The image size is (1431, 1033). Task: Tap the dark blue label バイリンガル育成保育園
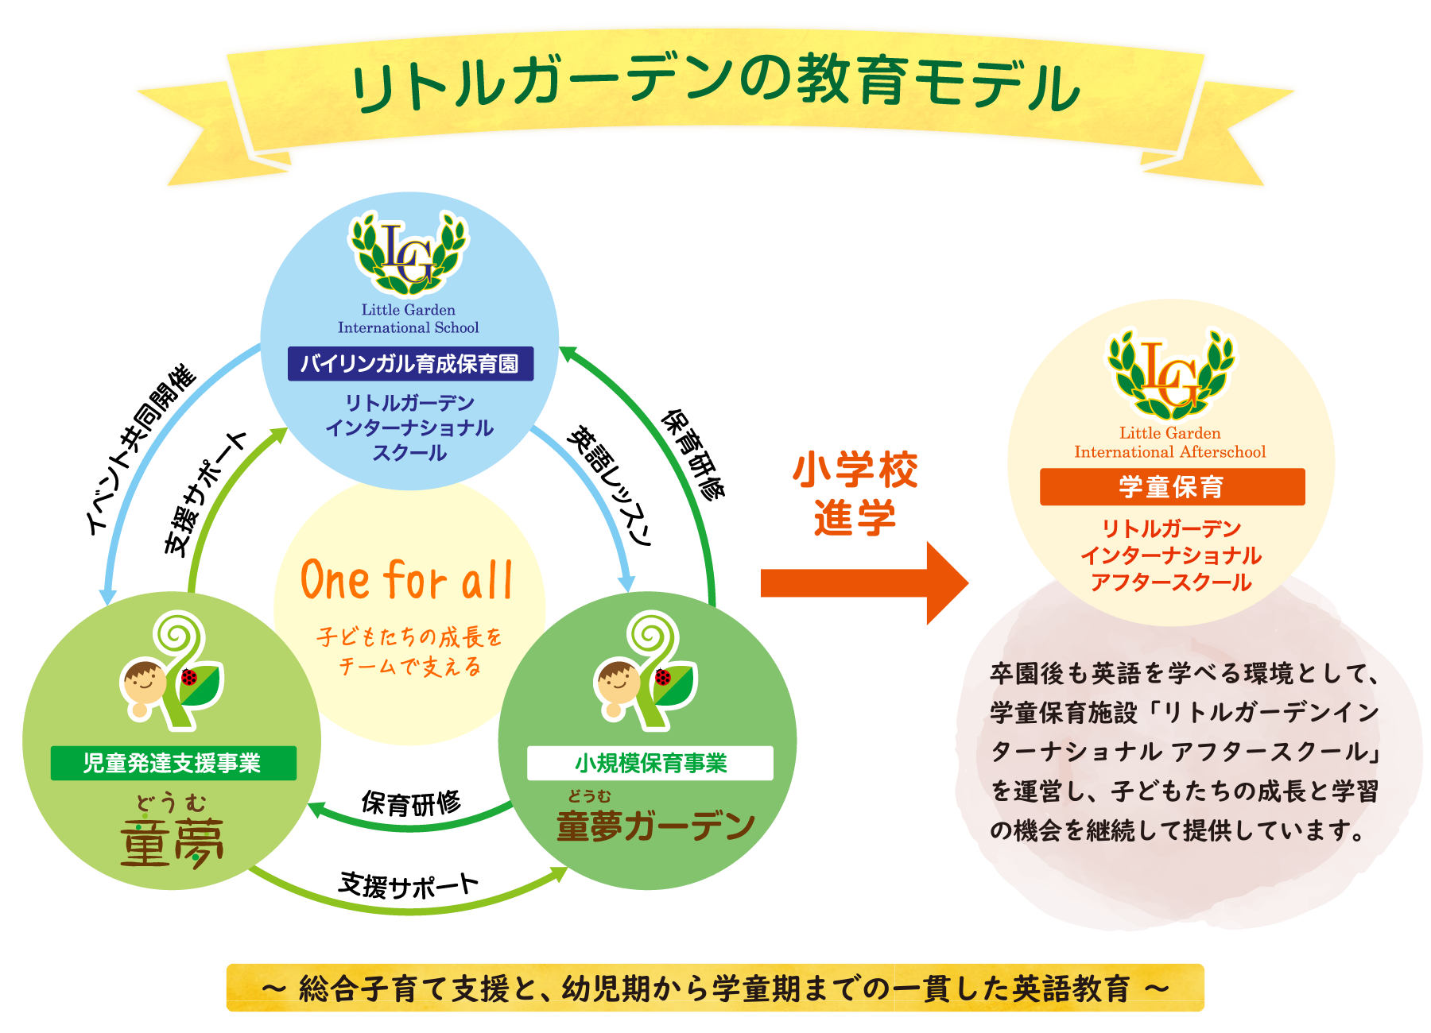pyautogui.click(x=409, y=364)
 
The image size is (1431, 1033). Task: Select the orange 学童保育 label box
pyautogui.click(x=1171, y=486)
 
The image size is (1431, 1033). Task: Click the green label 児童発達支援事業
pyautogui.click(x=173, y=763)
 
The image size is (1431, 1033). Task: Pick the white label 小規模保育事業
pyautogui.click(x=650, y=763)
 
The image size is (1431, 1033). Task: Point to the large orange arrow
pyautogui.click(x=863, y=582)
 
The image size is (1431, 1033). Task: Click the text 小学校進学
pyautogui.click(x=855, y=493)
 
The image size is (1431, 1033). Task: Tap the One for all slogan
pyautogui.click(x=406, y=581)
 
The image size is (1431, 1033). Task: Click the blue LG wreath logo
pyautogui.click(x=409, y=253)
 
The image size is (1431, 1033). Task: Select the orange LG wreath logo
pyautogui.click(x=1170, y=374)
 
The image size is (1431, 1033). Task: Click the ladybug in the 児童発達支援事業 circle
pyautogui.click(x=189, y=677)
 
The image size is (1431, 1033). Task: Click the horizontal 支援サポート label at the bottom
pyautogui.click(x=409, y=884)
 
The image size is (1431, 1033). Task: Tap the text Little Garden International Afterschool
pyautogui.click(x=1169, y=443)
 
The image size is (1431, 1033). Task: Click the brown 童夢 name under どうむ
pyautogui.click(x=172, y=841)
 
